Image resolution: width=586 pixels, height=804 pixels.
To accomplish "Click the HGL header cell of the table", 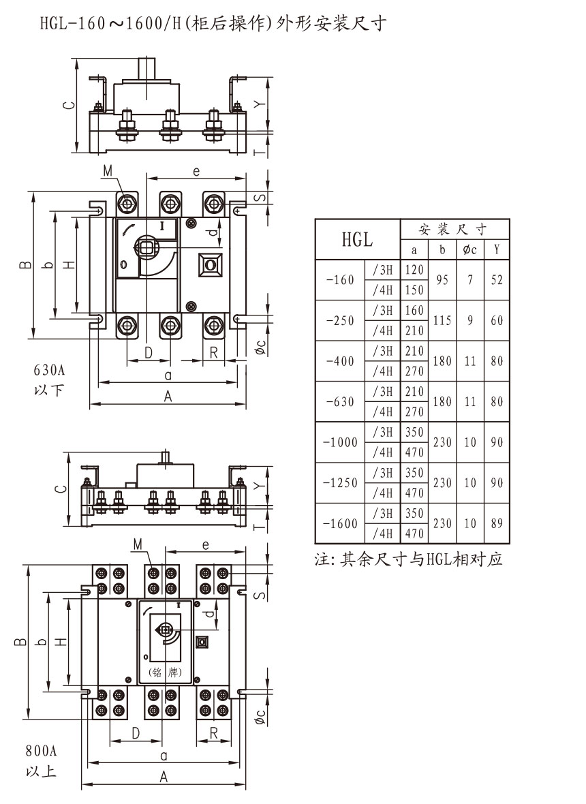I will pyautogui.click(x=357, y=239).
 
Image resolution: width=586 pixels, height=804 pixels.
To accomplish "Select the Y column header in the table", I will pyautogui.click(x=497, y=249).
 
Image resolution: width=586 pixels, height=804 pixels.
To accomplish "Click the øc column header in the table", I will pyautogui.click(x=469, y=249).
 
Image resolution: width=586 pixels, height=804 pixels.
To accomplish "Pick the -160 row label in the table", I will pyautogui.click(x=341, y=279).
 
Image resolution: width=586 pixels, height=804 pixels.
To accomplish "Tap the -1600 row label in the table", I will pyautogui.click(x=341, y=523).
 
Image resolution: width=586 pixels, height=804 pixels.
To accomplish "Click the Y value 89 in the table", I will pyautogui.click(x=497, y=523).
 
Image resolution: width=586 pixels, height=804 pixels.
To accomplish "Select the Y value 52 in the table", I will pyautogui.click(x=497, y=279).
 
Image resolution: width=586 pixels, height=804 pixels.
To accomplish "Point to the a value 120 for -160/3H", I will pyautogui.click(x=414, y=270).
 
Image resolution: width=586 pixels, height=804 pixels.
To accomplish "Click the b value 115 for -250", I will pyautogui.click(x=442, y=320).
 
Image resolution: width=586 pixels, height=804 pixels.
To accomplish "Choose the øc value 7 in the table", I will pyautogui.click(x=469, y=279).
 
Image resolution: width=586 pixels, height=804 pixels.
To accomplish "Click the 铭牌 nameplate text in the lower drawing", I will pyautogui.click(x=164, y=672).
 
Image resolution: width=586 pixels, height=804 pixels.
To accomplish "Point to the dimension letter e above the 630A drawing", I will pyautogui.click(x=196, y=172).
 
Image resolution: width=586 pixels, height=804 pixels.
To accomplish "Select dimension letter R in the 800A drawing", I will pyautogui.click(x=213, y=733).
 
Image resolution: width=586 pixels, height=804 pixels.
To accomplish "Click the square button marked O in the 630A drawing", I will pyautogui.click(x=211, y=264).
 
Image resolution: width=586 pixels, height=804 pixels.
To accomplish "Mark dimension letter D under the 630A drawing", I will pyautogui.click(x=149, y=352).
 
